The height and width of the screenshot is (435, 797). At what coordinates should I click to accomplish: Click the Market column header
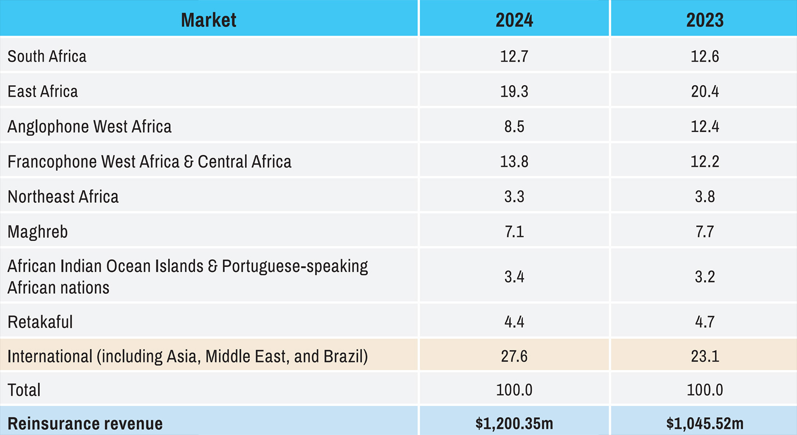209,20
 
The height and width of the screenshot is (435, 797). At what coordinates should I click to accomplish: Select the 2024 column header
514,20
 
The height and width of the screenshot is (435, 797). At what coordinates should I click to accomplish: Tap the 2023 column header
705,20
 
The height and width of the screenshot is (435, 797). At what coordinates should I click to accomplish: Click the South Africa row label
47,56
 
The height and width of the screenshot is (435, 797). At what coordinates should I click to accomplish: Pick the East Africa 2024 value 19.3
514,91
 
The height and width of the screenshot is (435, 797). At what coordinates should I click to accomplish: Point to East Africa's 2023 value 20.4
705,91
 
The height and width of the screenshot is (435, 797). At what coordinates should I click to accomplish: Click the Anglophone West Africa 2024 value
514,127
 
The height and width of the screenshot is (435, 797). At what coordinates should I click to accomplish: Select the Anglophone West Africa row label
90,127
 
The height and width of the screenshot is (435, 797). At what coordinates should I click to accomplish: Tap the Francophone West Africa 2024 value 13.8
514,162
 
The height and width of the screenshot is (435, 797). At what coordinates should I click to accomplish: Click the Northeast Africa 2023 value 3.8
705,197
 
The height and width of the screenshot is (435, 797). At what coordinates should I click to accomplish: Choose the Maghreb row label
38,232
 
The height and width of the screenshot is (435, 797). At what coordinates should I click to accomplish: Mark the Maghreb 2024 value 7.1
514,232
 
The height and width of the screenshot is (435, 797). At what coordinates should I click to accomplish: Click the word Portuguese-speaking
295,266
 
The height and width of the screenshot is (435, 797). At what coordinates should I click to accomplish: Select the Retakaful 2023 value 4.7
705,322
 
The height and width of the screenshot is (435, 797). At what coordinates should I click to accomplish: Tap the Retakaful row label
40,322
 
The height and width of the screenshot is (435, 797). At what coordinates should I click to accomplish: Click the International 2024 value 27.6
514,357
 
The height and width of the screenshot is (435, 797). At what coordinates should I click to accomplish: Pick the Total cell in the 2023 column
705,390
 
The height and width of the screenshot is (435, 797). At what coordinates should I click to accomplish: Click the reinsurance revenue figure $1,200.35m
514,423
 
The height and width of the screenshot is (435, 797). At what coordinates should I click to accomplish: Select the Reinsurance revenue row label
85,423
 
